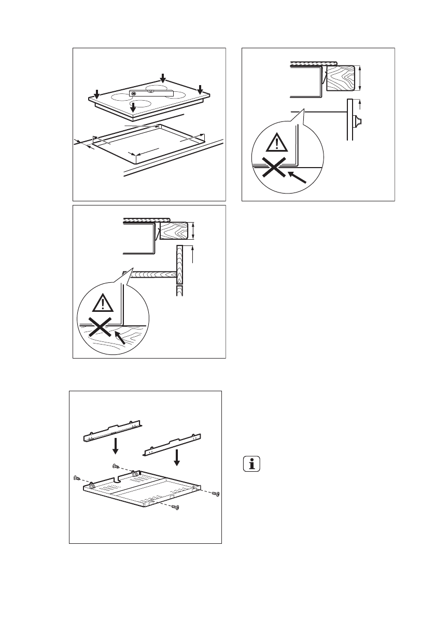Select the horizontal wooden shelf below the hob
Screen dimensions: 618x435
click(150, 274)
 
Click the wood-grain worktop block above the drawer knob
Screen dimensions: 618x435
click(340, 77)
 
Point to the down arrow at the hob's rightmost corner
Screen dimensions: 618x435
click(200, 89)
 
